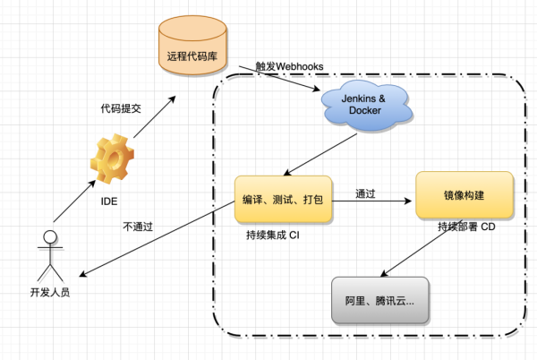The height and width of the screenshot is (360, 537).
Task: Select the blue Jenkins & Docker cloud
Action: pyautogui.click(x=366, y=106)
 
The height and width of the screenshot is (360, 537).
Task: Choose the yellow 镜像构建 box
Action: pyautogui.click(x=465, y=196)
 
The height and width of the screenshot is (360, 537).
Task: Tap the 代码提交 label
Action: pyautogui.click(x=121, y=108)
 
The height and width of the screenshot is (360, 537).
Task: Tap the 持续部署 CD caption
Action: pyautogui.click(x=466, y=227)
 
